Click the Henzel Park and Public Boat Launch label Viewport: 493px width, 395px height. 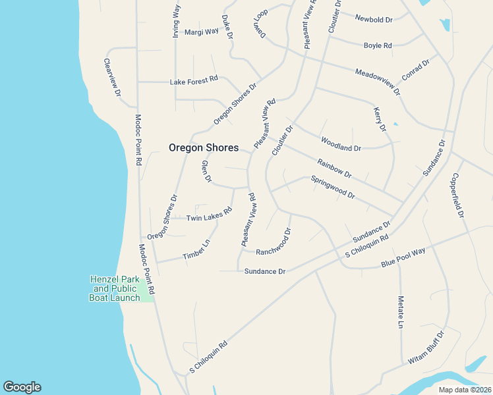[x=115, y=288]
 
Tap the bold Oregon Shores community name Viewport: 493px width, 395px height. [x=204, y=148]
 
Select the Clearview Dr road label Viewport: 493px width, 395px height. [x=112, y=78]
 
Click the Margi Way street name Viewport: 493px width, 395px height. [x=201, y=32]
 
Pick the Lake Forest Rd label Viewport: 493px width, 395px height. [x=194, y=80]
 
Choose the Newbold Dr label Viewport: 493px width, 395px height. [x=374, y=19]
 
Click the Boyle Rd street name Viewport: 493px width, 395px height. [x=378, y=45]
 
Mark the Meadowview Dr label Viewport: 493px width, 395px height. [x=377, y=82]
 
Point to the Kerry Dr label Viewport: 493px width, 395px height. [x=379, y=119]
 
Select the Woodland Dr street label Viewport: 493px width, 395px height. [x=341, y=144]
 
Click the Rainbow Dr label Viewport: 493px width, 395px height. [x=334, y=169]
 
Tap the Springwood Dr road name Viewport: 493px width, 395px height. [x=333, y=187]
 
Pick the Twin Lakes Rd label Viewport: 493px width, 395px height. [x=209, y=215]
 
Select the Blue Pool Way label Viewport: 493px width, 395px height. [x=403, y=257]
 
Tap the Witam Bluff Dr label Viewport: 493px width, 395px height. [x=426, y=347]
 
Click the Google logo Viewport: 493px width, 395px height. [x=22, y=387]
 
